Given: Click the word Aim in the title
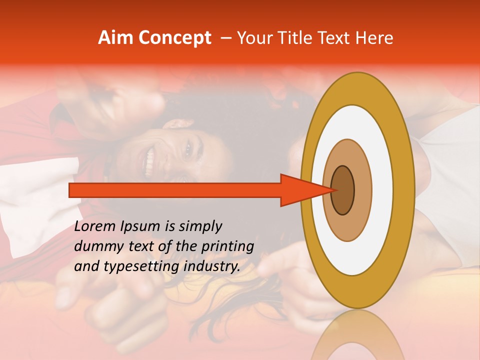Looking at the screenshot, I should tap(116, 38).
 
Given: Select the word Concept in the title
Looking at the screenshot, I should tap(174, 38).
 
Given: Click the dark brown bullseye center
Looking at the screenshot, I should tap(343, 190).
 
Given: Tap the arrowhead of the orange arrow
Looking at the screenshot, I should tap(305, 190).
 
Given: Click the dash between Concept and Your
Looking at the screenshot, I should tap(225, 38).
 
